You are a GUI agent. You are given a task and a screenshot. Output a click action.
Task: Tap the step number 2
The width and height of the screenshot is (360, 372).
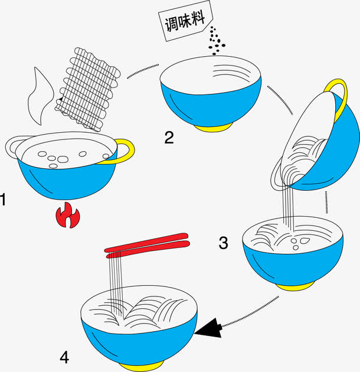(x=169, y=138)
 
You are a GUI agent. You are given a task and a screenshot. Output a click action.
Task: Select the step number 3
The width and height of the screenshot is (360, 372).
(x=223, y=242)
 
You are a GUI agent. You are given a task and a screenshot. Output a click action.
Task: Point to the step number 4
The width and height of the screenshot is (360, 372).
(x=64, y=357)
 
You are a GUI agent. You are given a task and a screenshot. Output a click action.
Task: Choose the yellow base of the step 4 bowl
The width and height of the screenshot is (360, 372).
(x=139, y=366)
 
